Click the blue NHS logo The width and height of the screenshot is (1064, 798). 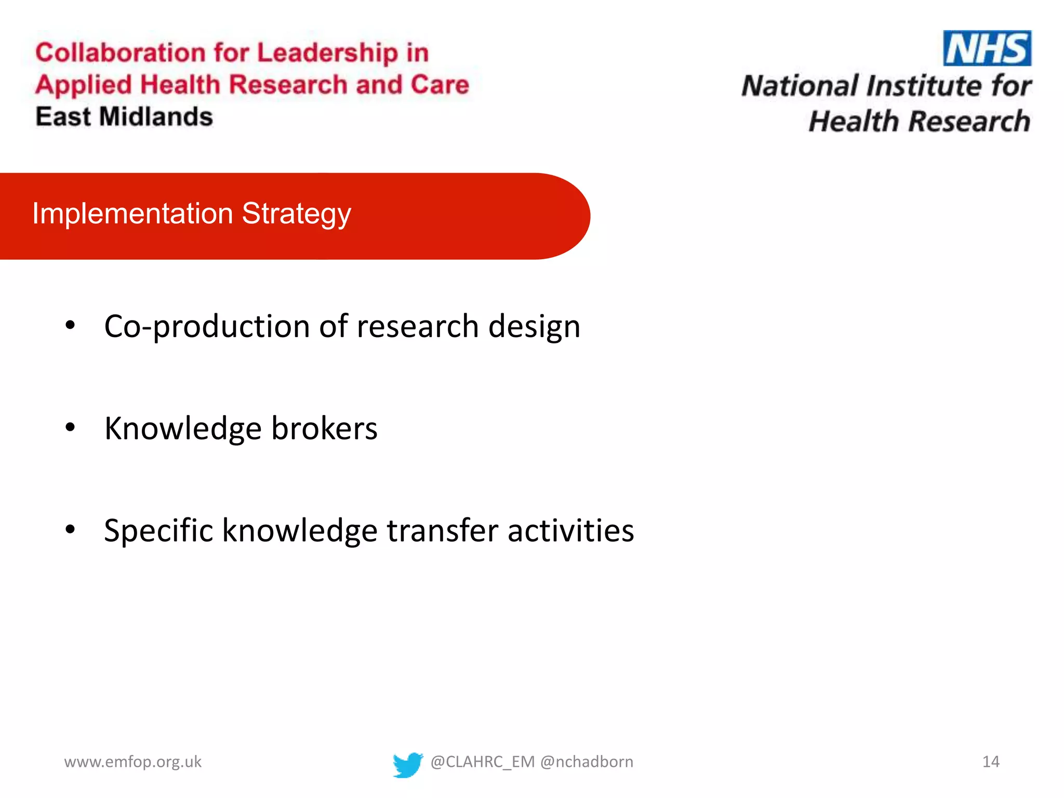coord(987,48)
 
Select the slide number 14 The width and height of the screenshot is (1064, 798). coord(990,762)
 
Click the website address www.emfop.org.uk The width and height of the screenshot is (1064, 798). coord(132,762)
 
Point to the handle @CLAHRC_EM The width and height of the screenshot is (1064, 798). coord(482,762)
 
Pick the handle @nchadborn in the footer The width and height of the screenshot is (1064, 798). coord(587,762)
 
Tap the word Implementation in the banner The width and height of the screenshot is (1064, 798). coord(132,213)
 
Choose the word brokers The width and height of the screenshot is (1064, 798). coord(324,429)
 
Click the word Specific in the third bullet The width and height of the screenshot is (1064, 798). coord(158,531)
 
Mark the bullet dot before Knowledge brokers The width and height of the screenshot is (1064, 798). coord(70,428)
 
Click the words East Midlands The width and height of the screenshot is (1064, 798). coord(124,116)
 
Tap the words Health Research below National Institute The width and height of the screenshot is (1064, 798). coord(919,122)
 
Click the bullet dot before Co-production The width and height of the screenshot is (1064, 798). coord(70,326)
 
